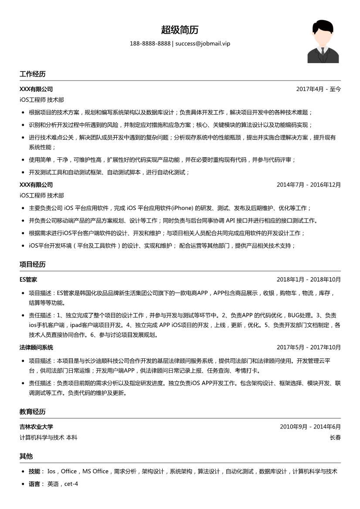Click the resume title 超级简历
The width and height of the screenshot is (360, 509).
[x=180, y=30]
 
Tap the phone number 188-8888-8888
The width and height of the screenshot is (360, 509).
[x=150, y=44]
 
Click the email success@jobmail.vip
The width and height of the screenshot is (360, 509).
[x=203, y=44]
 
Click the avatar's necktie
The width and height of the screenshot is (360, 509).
[x=323, y=54]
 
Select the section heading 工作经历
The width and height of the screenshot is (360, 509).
[x=32, y=74]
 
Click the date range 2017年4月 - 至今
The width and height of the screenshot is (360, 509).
[x=318, y=89]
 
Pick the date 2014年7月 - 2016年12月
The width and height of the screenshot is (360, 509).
[x=309, y=185]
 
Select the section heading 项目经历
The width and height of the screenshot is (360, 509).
[x=32, y=264]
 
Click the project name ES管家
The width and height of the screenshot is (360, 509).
[x=28, y=280]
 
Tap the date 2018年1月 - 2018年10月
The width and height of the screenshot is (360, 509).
[x=309, y=280]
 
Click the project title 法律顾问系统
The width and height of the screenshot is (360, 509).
[x=36, y=347]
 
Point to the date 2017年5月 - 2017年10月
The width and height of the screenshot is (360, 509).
[x=309, y=347]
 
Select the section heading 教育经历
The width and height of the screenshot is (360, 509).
[x=32, y=411]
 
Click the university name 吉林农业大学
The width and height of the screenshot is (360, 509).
[x=36, y=427]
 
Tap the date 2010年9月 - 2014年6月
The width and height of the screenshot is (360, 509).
[x=310, y=427]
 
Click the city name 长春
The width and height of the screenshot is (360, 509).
[x=335, y=438]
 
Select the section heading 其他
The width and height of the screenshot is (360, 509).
[x=26, y=456]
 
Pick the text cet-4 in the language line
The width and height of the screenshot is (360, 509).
[x=71, y=484]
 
